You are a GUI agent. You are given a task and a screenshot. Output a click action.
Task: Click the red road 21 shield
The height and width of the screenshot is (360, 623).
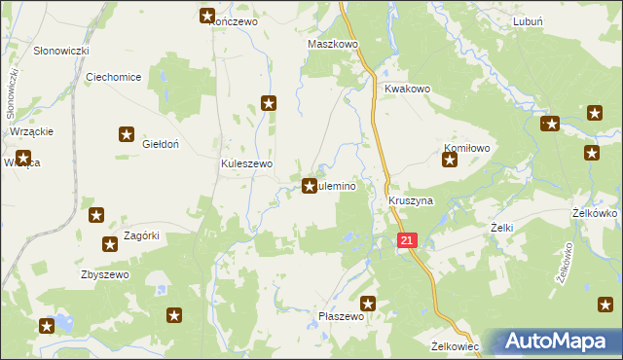(x=407, y=239)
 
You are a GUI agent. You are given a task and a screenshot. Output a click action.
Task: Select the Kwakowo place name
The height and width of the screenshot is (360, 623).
(x=407, y=89)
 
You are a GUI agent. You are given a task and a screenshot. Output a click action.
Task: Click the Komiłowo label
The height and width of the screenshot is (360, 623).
(x=465, y=148)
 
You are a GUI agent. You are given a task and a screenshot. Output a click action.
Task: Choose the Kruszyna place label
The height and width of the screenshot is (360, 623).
(x=410, y=200)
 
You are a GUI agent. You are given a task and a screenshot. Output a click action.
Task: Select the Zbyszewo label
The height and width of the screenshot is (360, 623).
(x=105, y=274)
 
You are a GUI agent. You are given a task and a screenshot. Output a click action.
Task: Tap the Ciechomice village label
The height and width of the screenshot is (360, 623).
(x=114, y=77)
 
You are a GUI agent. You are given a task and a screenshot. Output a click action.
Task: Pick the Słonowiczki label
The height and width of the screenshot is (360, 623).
(x=61, y=50)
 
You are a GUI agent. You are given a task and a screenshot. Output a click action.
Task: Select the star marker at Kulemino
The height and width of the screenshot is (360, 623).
(x=310, y=186)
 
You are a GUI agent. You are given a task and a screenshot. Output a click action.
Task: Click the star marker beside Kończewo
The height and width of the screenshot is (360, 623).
(x=207, y=15)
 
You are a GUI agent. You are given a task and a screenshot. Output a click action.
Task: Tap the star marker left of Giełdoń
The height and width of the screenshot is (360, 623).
(x=127, y=135)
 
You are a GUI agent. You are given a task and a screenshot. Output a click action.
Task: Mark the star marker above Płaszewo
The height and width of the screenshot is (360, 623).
(x=368, y=304)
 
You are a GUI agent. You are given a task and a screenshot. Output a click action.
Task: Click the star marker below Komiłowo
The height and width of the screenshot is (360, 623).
(x=450, y=161)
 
